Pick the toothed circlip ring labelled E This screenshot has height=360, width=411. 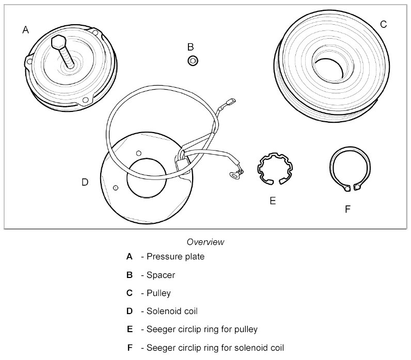[275, 168]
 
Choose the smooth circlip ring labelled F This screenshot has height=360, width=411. [351, 168]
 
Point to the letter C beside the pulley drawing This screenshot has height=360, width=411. [383, 24]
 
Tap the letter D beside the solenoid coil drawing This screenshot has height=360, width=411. [85, 182]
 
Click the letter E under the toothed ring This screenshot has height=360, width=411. [273, 200]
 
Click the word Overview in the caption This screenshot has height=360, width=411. [206, 242]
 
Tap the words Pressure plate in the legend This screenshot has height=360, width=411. [176, 256]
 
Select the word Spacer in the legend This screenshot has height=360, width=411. [161, 275]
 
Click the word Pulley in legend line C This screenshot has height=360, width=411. [159, 293]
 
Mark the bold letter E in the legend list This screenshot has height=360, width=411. [129, 329]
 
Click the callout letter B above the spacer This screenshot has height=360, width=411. [191, 46]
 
